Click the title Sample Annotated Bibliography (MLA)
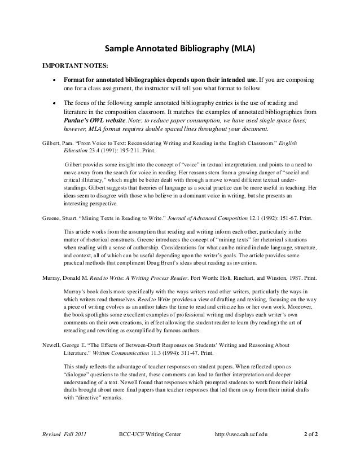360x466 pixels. (x=180, y=48)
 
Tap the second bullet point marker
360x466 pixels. (x=54, y=104)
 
